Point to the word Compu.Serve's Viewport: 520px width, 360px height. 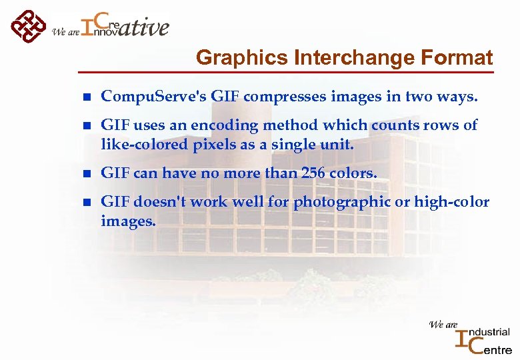(x=153, y=97)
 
